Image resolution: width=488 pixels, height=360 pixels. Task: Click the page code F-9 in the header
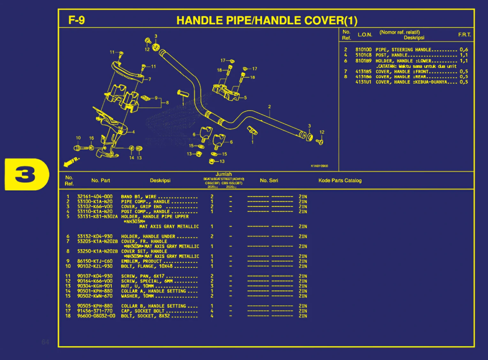click(x=77, y=20)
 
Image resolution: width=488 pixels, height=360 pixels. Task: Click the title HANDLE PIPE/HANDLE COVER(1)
click(x=267, y=20)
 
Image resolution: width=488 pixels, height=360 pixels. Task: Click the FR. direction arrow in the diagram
click(x=71, y=162)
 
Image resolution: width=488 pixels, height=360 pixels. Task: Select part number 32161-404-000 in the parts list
click(x=95, y=197)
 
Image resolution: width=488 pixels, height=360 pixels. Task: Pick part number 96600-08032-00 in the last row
click(x=96, y=316)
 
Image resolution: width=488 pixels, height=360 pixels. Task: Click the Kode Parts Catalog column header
click(x=340, y=180)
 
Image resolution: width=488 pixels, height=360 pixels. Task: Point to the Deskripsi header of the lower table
click(x=160, y=180)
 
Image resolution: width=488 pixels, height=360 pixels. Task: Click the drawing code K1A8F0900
click(x=319, y=166)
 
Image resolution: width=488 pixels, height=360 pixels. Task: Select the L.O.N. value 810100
click(x=363, y=50)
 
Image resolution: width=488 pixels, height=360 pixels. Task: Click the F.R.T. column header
click(x=464, y=34)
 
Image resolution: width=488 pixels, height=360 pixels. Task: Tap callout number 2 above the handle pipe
click(x=269, y=107)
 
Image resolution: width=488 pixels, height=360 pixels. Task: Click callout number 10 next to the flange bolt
click(x=78, y=138)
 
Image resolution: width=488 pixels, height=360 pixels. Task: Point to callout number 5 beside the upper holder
click(x=245, y=98)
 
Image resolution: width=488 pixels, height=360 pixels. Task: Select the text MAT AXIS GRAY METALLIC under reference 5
click(x=169, y=226)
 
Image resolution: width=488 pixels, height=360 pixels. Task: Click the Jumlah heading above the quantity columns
click(x=224, y=174)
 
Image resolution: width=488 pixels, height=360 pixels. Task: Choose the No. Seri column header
click(x=269, y=180)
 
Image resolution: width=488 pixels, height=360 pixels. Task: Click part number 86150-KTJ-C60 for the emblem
click(x=95, y=261)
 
